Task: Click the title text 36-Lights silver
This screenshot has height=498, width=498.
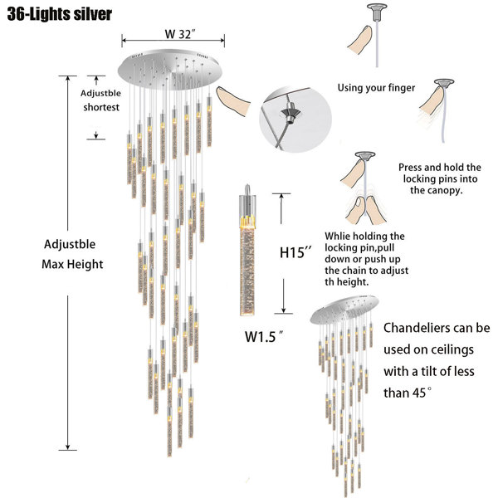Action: (x=60, y=14)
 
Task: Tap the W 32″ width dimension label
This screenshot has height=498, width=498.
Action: (x=180, y=34)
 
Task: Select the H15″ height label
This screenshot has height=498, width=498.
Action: (x=296, y=252)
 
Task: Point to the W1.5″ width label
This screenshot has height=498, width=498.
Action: (x=264, y=336)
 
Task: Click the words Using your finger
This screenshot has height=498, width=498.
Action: (x=376, y=88)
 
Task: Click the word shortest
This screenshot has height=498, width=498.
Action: (x=101, y=107)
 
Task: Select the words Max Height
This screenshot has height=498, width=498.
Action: (x=72, y=264)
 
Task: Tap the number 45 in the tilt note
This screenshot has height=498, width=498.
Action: (x=419, y=393)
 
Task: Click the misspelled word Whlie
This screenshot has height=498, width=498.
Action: (x=337, y=236)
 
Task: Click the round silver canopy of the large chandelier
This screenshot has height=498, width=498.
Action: (x=170, y=70)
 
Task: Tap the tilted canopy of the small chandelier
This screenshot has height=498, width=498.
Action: (x=344, y=310)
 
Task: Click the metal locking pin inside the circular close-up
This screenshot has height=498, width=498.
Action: (x=290, y=113)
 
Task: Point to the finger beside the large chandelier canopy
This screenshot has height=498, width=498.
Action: (x=232, y=101)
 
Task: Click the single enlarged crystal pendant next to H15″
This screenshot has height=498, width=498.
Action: (x=247, y=251)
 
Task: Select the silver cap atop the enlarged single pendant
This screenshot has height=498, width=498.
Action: (x=247, y=191)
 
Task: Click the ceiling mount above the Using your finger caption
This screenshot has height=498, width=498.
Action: (x=377, y=12)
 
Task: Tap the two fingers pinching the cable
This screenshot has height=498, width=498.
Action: (x=366, y=211)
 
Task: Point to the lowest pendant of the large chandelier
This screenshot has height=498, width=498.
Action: (x=169, y=432)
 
